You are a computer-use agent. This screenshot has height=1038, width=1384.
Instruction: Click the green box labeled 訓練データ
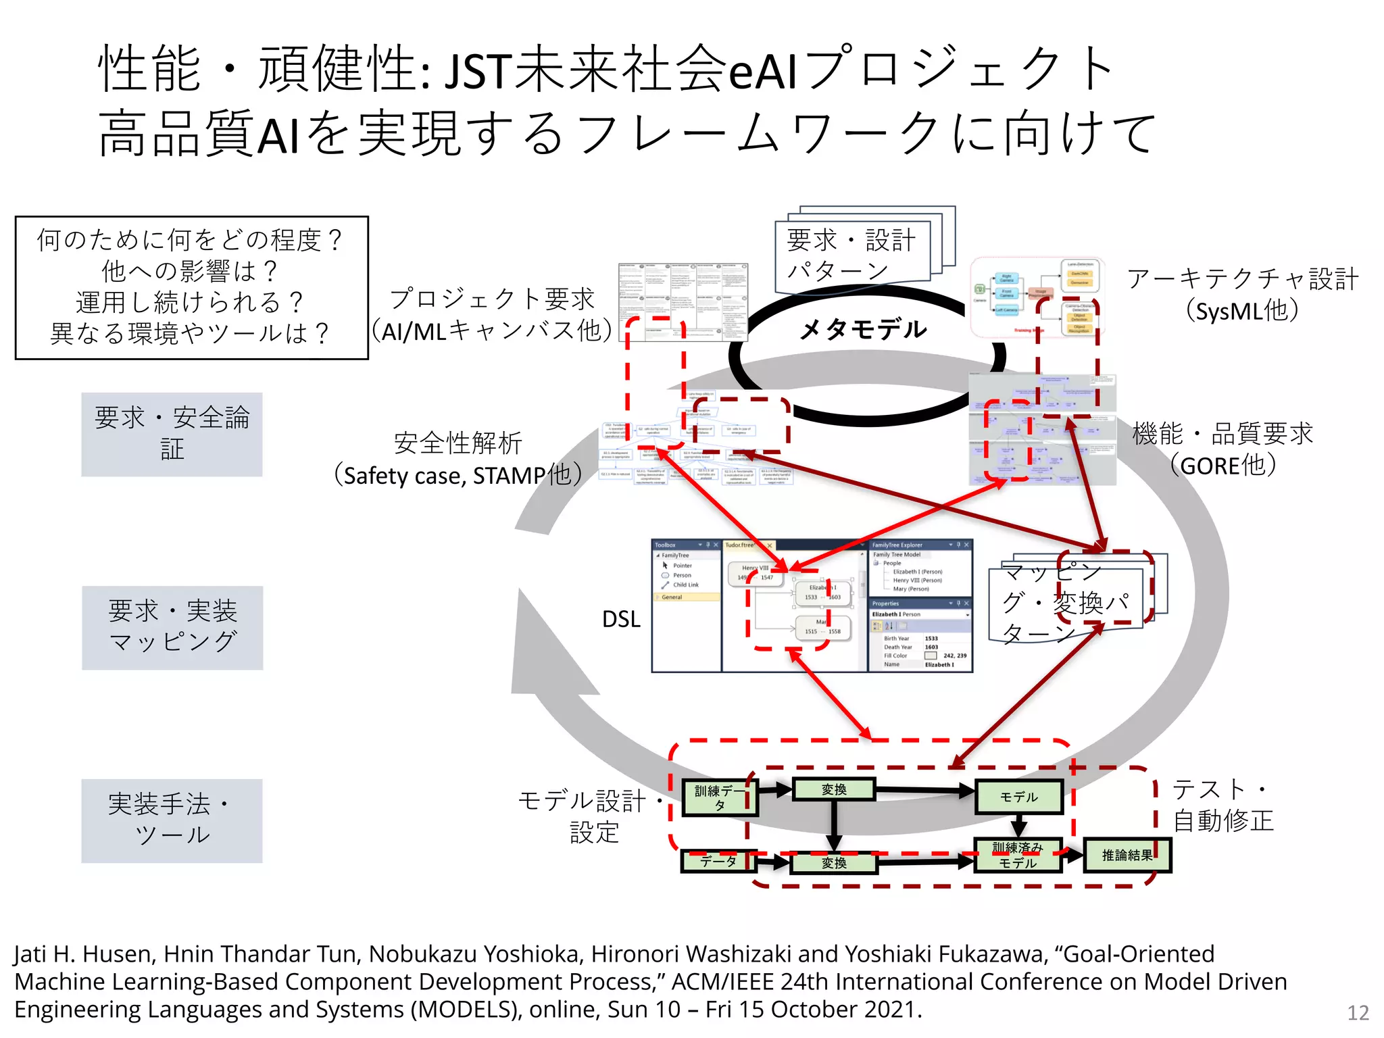tap(719, 797)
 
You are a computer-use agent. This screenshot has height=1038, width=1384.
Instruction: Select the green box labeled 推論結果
tap(1127, 856)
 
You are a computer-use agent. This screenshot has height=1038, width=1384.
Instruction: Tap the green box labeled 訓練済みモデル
tap(1018, 856)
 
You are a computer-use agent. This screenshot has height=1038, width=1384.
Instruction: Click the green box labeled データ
tap(718, 861)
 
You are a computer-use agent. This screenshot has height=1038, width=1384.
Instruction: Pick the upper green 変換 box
tap(834, 789)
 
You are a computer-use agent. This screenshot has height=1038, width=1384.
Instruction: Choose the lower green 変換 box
tap(834, 863)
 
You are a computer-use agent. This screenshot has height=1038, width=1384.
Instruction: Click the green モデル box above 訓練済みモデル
tap(1018, 797)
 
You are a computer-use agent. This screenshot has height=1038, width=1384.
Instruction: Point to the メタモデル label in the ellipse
tap(863, 330)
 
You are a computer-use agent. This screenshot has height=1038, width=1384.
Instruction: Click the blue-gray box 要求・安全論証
tap(172, 434)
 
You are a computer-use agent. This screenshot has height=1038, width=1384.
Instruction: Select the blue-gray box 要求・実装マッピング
tap(172, 627)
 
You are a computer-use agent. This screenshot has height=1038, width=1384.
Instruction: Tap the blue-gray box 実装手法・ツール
tap(172, 820)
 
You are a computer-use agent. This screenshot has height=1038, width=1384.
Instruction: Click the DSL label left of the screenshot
tap(621, 619)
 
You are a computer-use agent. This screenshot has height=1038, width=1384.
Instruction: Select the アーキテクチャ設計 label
tap(1242, 278)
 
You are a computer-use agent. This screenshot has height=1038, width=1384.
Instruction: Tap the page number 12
tap(1358, 1012)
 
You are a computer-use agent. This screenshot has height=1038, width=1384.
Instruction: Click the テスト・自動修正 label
tap(1222, 805)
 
